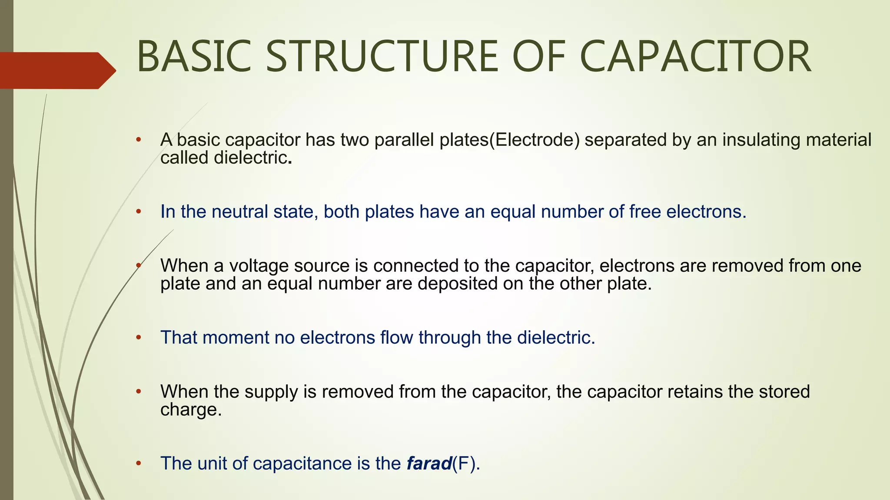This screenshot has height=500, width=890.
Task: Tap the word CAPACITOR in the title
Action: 695,57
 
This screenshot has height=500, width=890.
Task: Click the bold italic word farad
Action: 429,464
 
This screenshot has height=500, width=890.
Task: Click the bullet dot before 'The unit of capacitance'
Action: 139,464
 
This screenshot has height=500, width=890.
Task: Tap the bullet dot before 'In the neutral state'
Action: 139,212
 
